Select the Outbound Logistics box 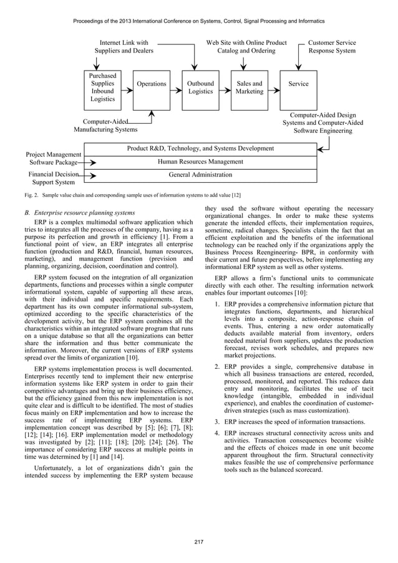200,87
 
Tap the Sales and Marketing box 249,87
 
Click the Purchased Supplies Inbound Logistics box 102,87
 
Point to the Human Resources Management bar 200,162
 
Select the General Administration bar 200,175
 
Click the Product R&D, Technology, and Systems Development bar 200,149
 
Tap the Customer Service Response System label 332,47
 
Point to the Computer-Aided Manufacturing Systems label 105,125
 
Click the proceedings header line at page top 198,21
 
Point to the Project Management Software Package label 54,158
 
